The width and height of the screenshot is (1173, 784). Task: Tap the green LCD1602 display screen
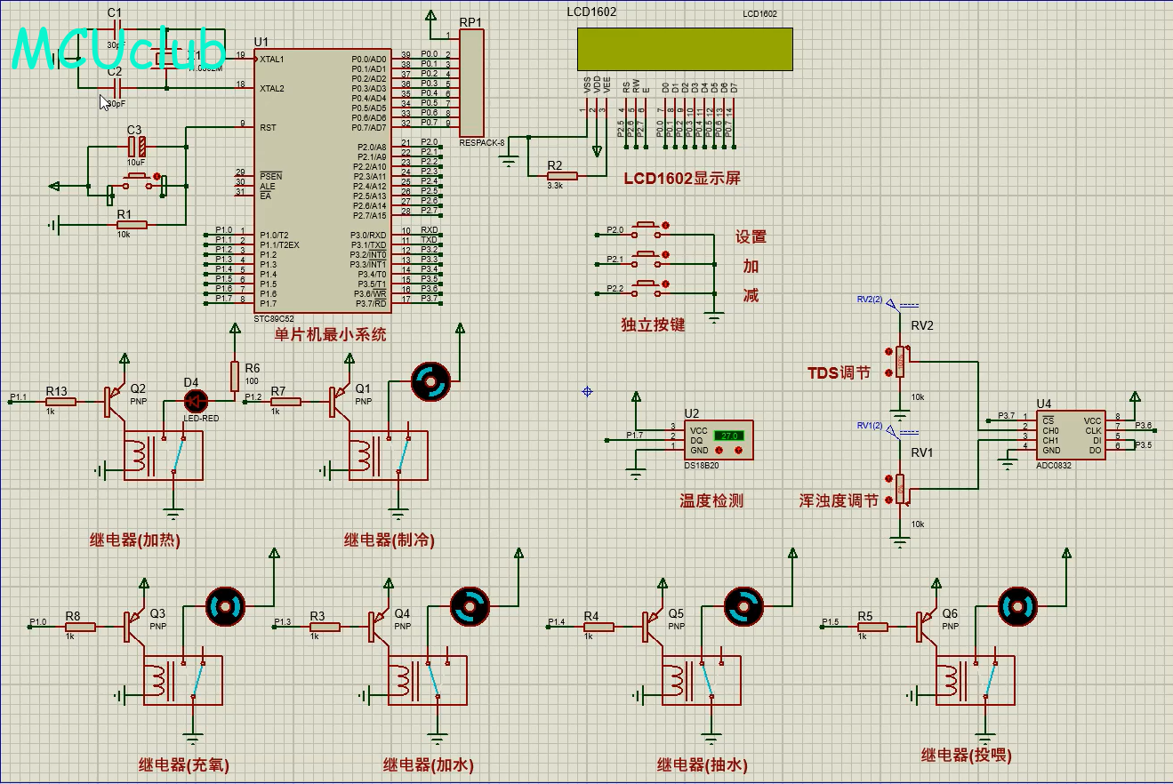pyautogui.click(x=684, y=49)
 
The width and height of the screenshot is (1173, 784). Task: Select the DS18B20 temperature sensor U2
pyautogui.click(x=719, y=440)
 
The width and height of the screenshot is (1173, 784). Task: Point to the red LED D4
pyautogui.click(x=195, y=401)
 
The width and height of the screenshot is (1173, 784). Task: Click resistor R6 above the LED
pyautogui.click(x=235, y=374)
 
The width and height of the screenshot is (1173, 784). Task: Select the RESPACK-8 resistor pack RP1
pyautogui.click(x=471, y=83)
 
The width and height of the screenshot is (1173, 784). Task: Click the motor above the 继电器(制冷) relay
pyautogui.click(x=431, y=383)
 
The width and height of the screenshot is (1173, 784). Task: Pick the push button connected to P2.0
pyautogui.click(x=647, y=230)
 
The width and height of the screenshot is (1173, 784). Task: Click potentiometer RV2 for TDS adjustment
pyautogui.click(x=900, y=361)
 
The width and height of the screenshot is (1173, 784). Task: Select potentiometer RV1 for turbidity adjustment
pyautogui.click(x=900, y=488)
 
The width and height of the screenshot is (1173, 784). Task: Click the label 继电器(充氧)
pyautogui.click(x=184, y=764)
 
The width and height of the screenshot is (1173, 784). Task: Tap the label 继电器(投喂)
pyautogui.click(x=966, y=756)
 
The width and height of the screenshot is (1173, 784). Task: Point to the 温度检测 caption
pyautogui.click(x=711, y=500)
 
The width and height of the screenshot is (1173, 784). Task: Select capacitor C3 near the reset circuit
pyautogui.click(x=135, y=148)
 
